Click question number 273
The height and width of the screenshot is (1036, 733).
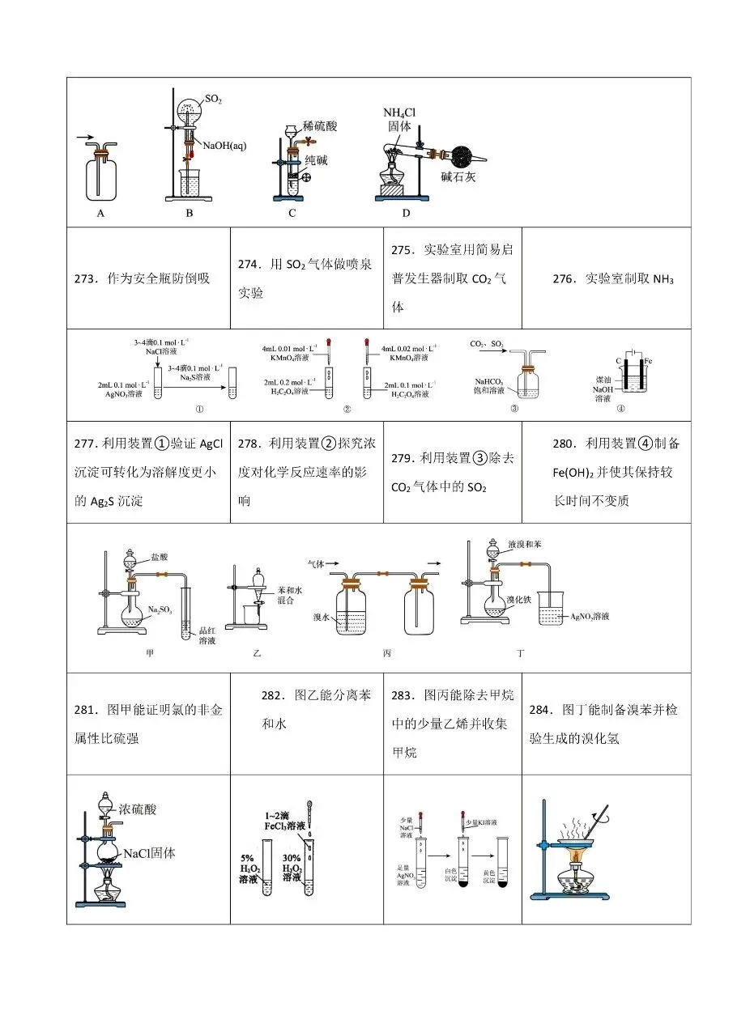pyautogui.click(x=86, y=278)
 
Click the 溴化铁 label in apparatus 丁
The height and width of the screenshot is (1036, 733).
pyautogui.click(x=518, y=600)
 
